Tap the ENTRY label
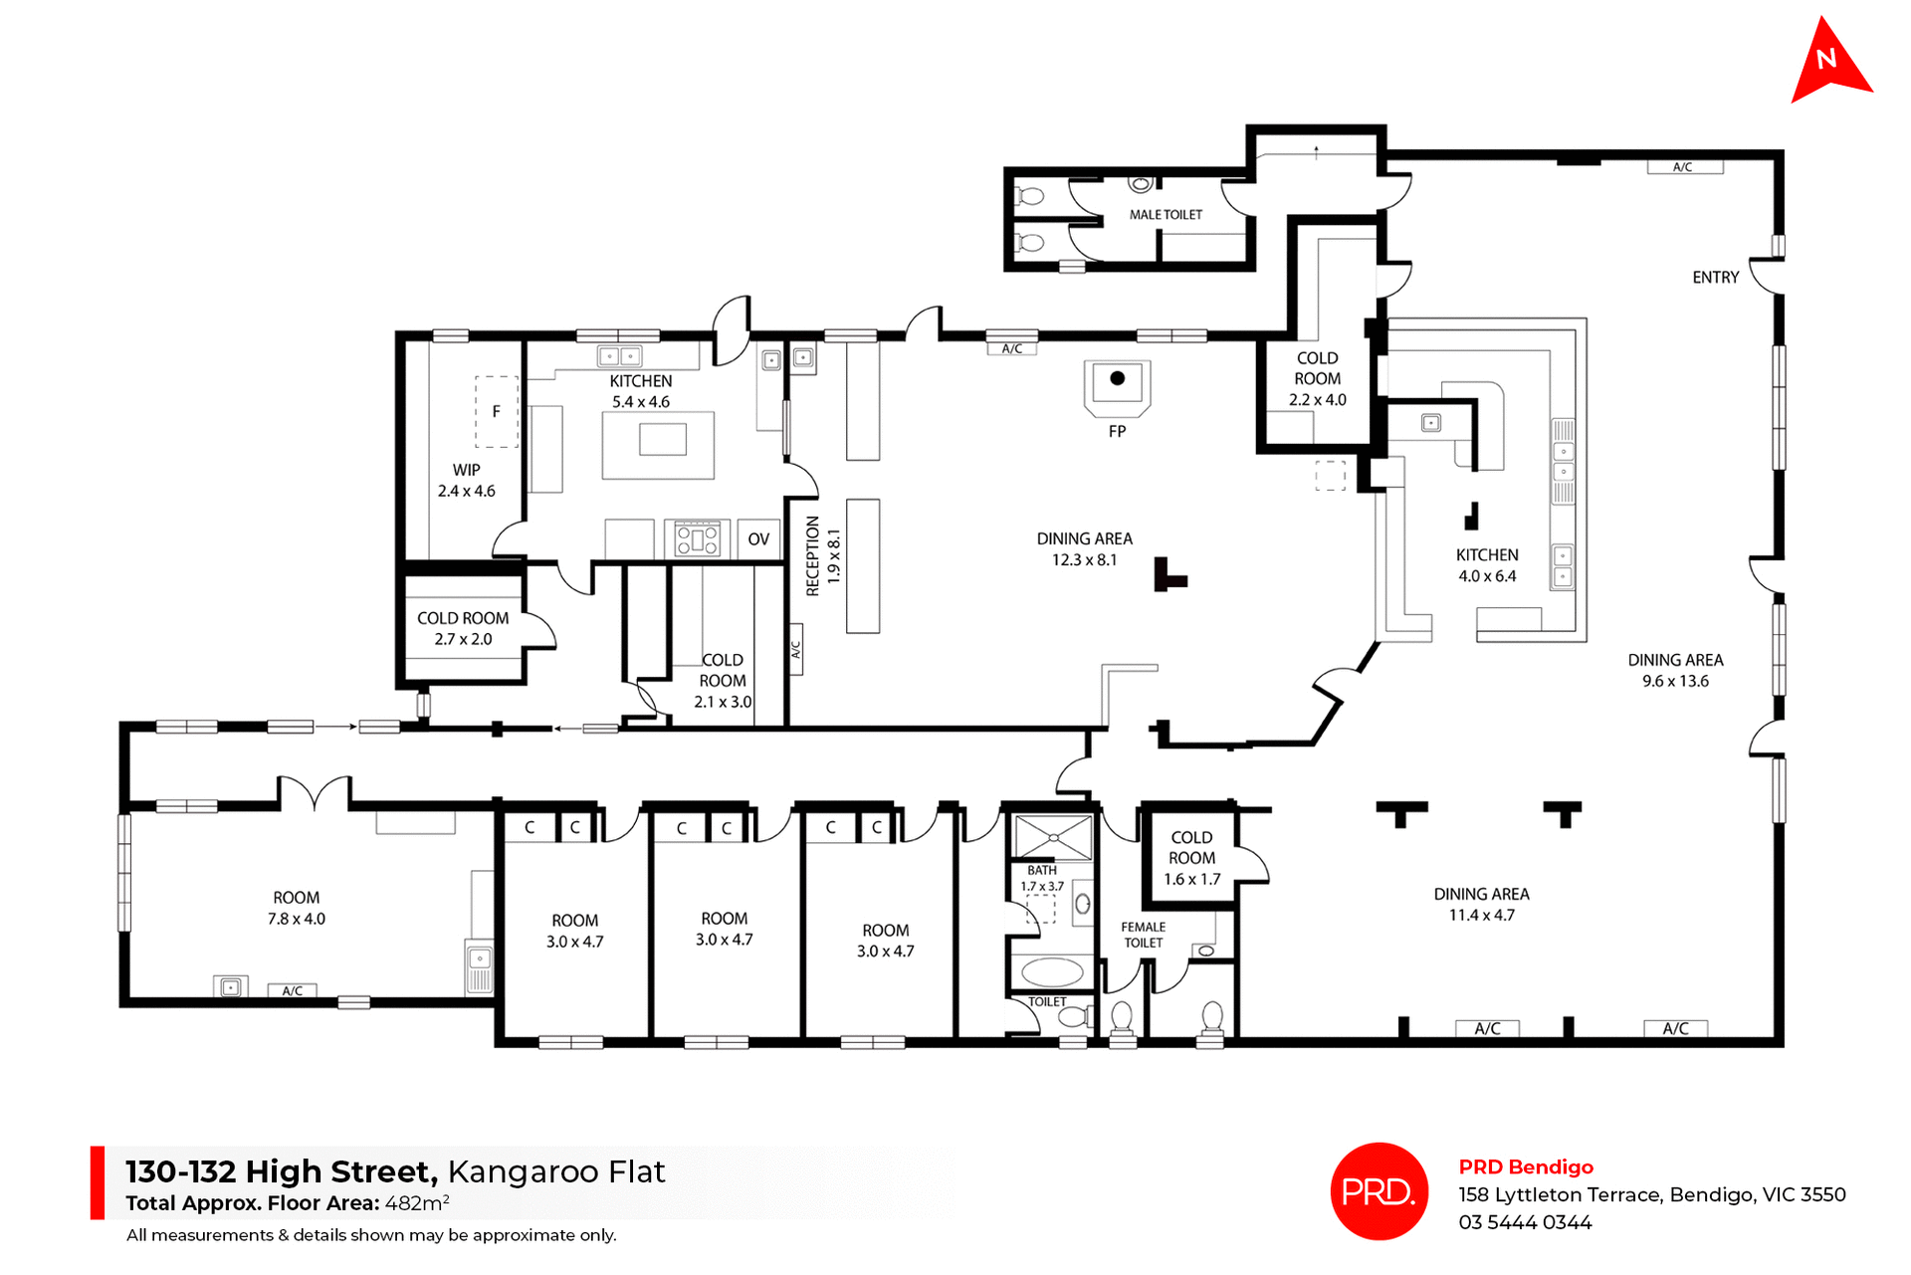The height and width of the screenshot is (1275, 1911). tap(1715, 278)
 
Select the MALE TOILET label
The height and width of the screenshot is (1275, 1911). tap(1166, 215)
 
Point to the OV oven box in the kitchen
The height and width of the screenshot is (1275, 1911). tap(758, 539)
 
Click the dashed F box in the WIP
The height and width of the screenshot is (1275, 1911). tap(496, 411)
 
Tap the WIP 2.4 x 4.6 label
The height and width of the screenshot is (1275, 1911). tap(466, 480)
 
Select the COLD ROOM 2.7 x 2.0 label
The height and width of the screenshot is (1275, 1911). tap(463, 629)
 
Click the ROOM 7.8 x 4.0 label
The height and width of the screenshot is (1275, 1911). tap(296, 908)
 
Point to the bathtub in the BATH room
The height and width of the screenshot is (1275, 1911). tap(1052, 971)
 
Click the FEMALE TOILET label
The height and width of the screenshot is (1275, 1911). tap(1143, 935)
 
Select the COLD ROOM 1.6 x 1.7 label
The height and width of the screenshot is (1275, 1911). tap(1191, 858)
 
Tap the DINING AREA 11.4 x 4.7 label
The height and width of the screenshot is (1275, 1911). tap(1481, 905)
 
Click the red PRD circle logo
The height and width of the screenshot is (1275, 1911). tap(1379, 1190)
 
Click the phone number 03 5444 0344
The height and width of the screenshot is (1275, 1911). tap(1525, 1222)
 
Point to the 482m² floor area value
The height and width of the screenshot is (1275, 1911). tap(417, 1202)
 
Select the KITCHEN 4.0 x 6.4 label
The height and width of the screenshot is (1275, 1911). tap(1487, 565)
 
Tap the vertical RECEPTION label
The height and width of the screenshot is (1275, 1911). tap(812, 556)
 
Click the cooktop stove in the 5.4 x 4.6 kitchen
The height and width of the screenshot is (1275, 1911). tap(698, 538)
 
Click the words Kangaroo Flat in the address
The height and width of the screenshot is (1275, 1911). tap(555, 1171)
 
